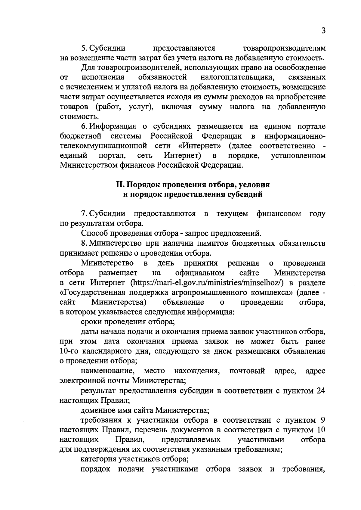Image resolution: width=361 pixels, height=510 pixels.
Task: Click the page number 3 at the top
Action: [323, 31]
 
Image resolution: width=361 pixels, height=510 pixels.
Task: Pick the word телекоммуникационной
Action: [103, 146]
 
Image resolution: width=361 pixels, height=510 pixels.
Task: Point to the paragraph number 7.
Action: [84, 214]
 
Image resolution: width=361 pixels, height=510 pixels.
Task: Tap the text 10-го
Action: [70, 351]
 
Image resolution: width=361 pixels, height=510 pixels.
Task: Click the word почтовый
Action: [247, 371]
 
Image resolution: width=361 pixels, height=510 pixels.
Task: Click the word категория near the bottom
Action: [99, 459]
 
